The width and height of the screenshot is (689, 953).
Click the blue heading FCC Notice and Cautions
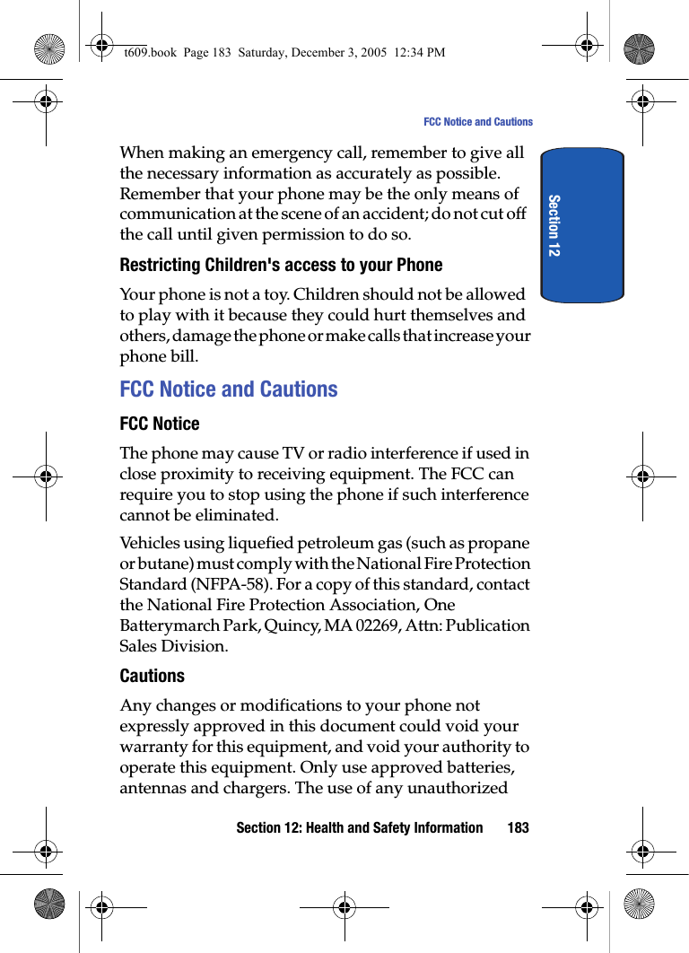229,389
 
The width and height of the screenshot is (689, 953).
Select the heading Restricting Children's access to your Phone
281,265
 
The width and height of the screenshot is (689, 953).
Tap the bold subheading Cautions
153,676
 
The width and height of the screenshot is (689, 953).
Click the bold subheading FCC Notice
160,424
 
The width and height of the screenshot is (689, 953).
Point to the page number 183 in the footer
518,827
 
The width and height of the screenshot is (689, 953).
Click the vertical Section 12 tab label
554,225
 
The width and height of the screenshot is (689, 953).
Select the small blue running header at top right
477,122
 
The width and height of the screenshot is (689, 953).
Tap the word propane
501,543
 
